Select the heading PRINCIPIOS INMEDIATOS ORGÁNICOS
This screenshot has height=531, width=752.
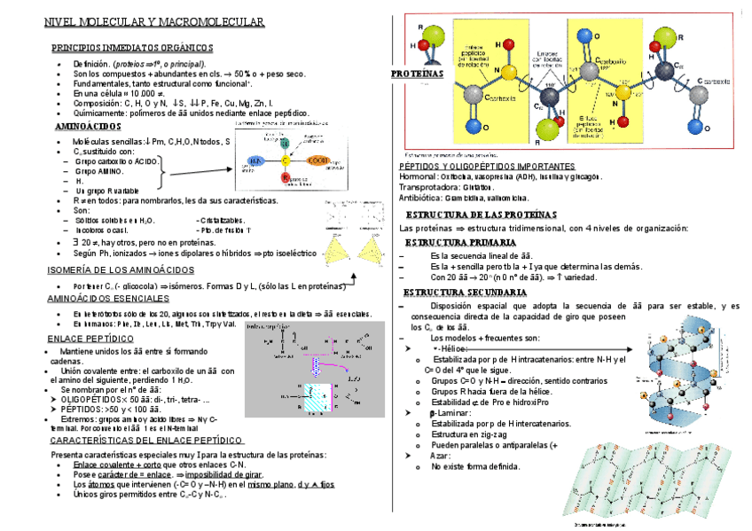coord(132,47)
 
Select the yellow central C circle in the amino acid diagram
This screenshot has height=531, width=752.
coord(286,161)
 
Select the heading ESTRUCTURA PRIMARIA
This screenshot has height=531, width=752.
coord(460,242)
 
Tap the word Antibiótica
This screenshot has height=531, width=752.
coord(422,198)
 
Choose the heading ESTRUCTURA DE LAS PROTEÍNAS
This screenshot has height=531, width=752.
coord(481,215)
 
